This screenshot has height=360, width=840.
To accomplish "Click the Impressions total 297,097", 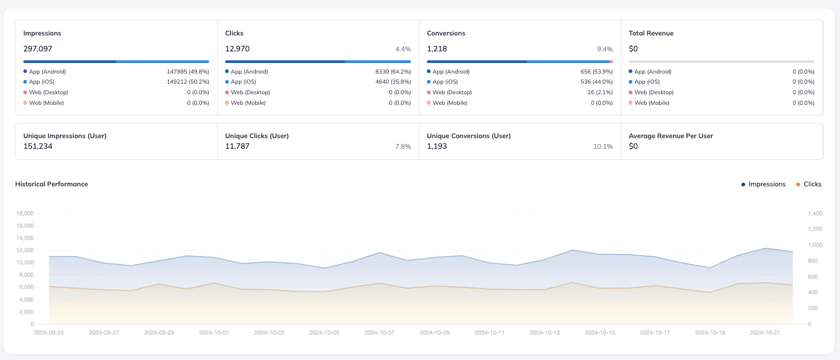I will [38, 49].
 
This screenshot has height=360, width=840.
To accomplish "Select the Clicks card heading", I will [234, 33].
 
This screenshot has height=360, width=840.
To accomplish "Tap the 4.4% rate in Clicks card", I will [403, 49].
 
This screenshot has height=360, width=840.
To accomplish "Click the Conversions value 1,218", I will [437, 49].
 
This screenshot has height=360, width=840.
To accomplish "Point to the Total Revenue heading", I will [651, 33].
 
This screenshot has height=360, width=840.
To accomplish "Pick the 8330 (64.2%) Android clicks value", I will [392, 71].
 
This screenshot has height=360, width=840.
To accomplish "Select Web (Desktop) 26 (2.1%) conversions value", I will [600, 92].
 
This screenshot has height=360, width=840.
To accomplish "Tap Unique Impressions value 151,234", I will [38, 146].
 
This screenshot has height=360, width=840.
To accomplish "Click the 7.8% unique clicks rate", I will [403, 147].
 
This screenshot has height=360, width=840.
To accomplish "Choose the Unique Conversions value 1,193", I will [437, 146].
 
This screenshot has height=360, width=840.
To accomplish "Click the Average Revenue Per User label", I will [671, 136].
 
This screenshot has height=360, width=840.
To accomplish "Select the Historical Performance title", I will [51, 184].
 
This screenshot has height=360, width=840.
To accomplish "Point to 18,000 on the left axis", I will [25, 214].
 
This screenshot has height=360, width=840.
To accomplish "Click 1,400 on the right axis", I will [815, 214].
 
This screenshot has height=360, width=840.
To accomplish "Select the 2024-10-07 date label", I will [379, 332].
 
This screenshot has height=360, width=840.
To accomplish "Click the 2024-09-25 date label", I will [49, 332].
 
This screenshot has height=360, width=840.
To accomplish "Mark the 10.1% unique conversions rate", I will [603, 147].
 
